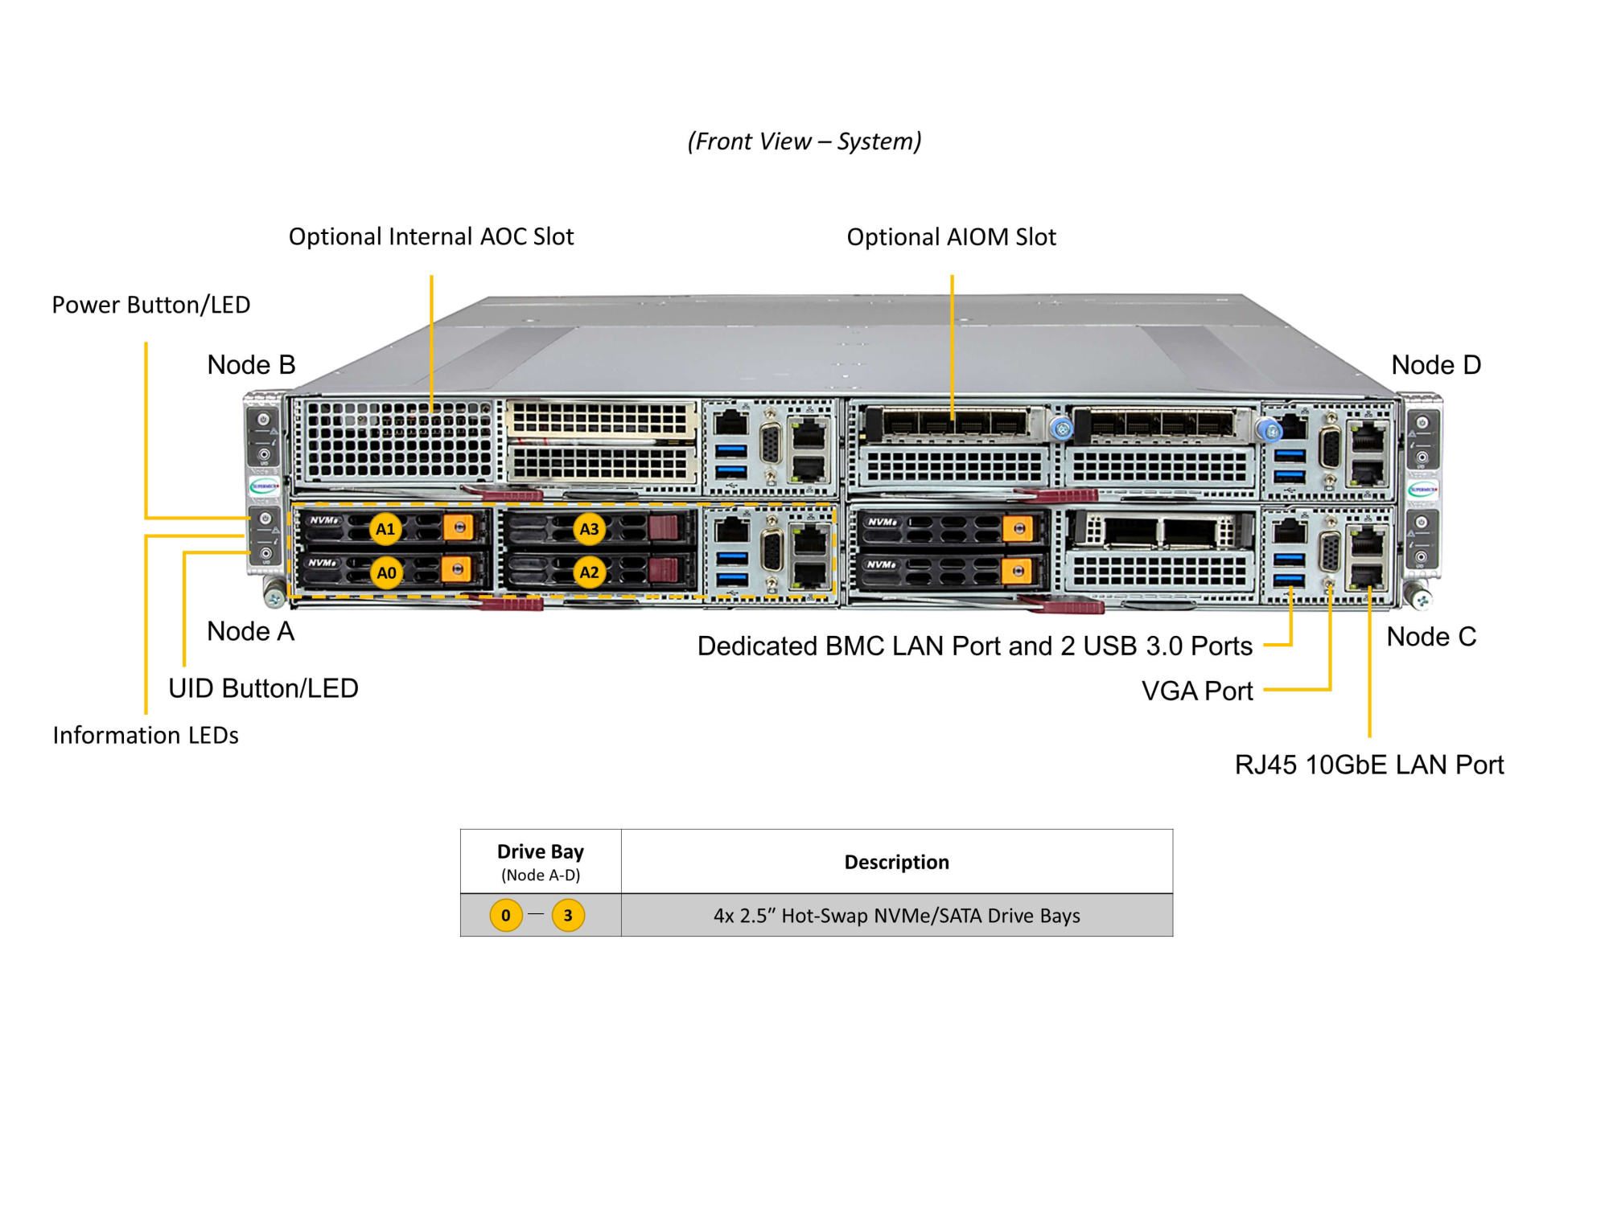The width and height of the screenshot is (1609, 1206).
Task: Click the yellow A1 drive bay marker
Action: coord(385,529)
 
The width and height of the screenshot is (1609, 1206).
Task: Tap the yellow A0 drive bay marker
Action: coord(386,573)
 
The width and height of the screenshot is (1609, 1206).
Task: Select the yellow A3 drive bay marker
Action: coord(589,529)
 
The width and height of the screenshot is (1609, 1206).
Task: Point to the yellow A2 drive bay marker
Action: coord(589,572)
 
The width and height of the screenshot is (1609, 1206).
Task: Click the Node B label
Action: coord(251,365)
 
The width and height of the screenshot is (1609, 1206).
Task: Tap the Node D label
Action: coord(1436,365)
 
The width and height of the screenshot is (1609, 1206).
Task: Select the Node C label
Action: coord(1431,637)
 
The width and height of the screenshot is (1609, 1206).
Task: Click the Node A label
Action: coord(250,631)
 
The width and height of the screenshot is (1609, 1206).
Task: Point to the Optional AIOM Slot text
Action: coord(951,237)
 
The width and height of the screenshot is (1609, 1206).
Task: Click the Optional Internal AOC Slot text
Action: coord(431,237)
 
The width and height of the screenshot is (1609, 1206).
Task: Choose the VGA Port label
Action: coord(1197,691)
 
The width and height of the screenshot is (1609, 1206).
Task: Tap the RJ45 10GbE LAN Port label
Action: coord(1368,765)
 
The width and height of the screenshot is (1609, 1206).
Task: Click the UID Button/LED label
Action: coord(263,688)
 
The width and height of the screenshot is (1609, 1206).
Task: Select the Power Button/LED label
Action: coord(151,305)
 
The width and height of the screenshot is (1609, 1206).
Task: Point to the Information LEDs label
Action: coord(146,735)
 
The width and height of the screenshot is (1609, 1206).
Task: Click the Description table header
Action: coord(896,862)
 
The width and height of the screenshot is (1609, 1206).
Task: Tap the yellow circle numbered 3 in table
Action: coord(568,915)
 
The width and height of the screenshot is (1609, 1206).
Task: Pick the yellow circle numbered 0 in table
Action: coord(506,915)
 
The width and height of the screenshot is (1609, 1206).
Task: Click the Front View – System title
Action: coord(804,142)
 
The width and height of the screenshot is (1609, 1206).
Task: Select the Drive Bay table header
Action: coord(541,852)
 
